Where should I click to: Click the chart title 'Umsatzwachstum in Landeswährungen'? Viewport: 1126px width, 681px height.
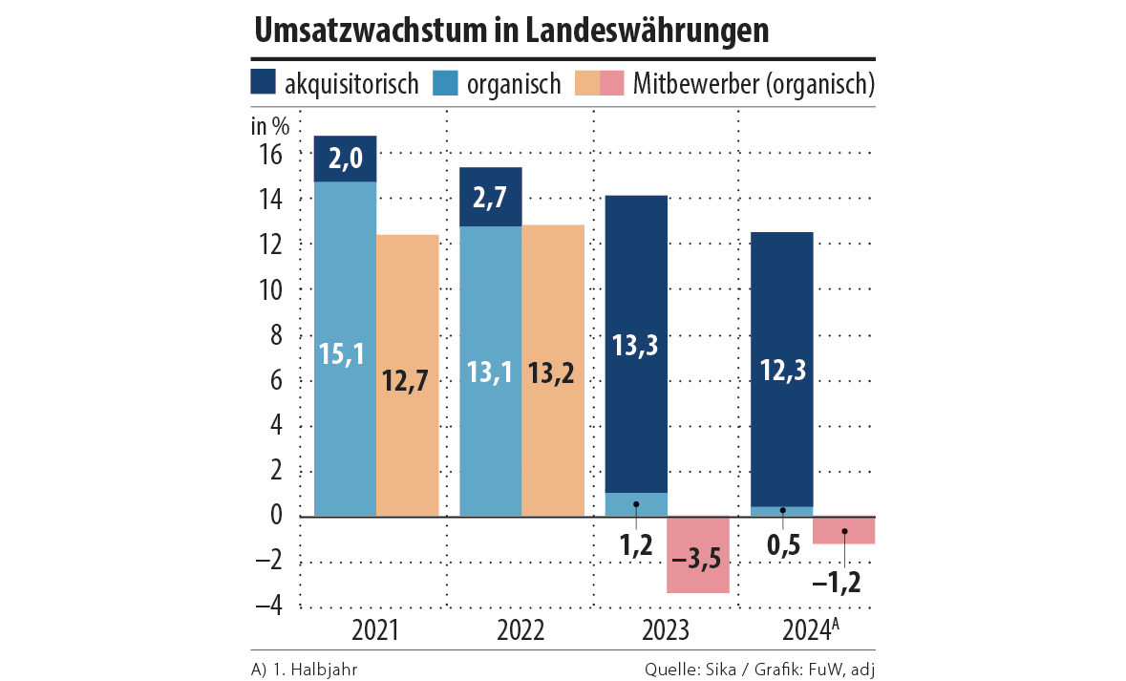pos(512,30)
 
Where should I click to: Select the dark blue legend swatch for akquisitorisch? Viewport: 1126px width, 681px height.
pos(264,83)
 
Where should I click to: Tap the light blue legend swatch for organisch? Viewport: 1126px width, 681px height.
pos(447,83)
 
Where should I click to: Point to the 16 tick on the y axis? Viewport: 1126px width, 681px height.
pos(270,155)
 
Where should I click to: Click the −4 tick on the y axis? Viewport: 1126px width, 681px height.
pos(267,607)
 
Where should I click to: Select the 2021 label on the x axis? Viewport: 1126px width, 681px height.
pos(375,632)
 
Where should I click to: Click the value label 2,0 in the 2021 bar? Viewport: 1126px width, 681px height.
pos(345,160)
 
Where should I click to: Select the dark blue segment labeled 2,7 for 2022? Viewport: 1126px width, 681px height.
pos(491,198)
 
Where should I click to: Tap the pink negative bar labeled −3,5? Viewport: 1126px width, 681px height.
pos(697,556)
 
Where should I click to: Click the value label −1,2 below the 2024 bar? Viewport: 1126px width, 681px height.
pos(836,581)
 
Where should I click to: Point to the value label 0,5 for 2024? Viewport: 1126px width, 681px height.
pos(782,546)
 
